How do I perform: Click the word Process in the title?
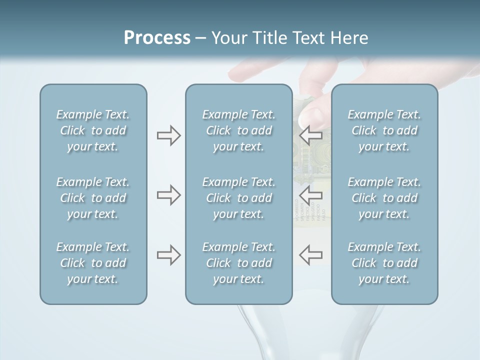click(x=157, y=38)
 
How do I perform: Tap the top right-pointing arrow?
click(x=168, y=135)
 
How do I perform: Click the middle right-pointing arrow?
click(x=168, y=195)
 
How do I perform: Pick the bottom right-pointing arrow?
click(x=168, y=255)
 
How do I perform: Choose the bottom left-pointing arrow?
click(x=311, y=254)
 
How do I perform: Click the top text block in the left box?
click(x=93, y=130)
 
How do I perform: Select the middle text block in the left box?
click(x=93, y=198)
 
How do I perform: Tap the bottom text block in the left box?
click(x=93, y=263)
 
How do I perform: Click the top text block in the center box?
click(x=238, y=130)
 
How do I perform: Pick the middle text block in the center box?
click(x=238, y=198)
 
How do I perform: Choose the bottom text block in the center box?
click(x=238, y=263)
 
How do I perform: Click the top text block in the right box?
click(x=384, y=130)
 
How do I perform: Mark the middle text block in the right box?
click(x=384, y=198)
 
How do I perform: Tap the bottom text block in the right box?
click(x=384, y=263)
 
